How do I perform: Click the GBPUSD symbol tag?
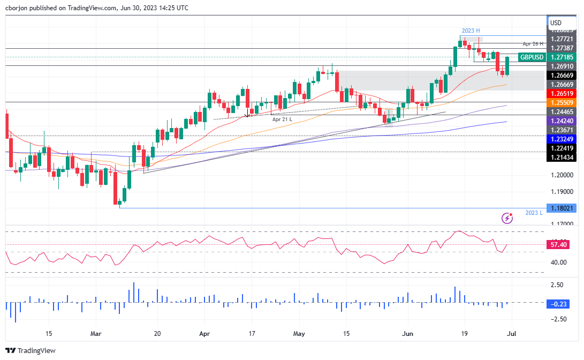pos(532,57)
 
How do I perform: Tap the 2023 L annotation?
pos(534,213)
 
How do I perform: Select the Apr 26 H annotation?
pos(533,43)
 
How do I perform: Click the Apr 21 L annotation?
pos(282,119)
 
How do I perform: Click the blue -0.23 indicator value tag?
pos(559,304)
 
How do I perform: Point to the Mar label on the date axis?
pos(96,333)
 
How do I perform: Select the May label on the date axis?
pos(299,333)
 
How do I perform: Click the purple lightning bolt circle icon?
pos(507,217)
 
